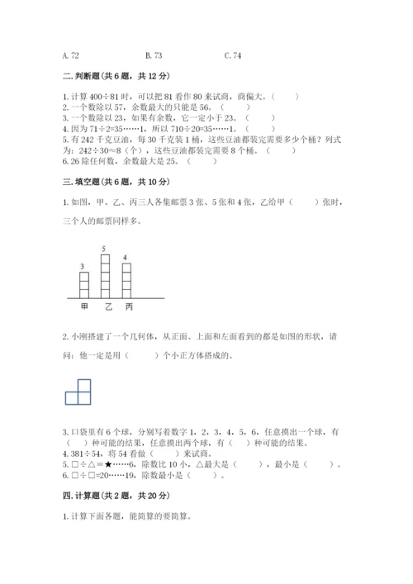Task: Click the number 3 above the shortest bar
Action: tap(83, 265)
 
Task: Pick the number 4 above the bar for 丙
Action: tap(125, 257)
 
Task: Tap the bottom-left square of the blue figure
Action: tap(73, 397)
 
